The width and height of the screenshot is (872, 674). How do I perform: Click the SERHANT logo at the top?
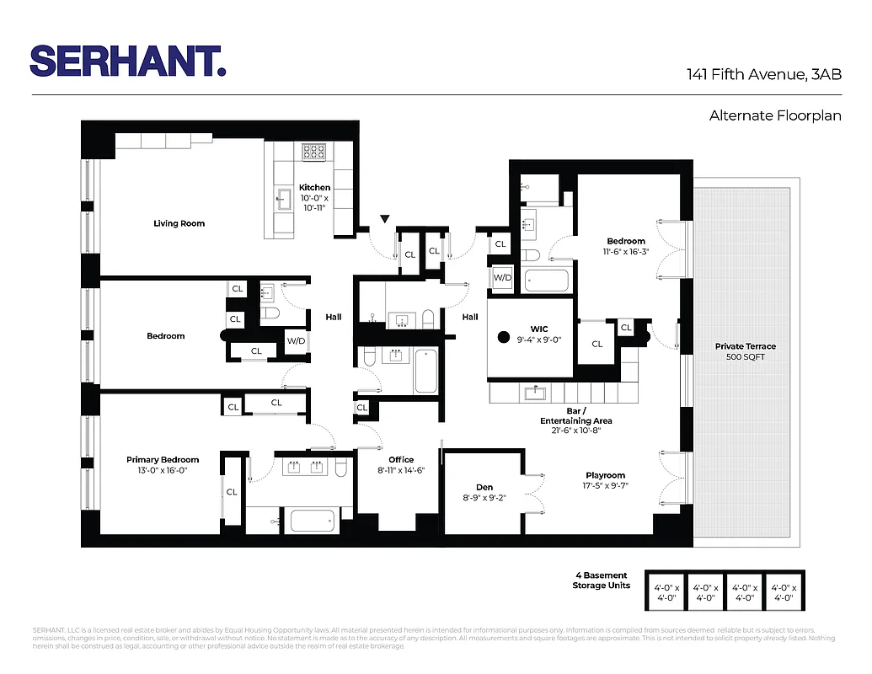tap(128, 61)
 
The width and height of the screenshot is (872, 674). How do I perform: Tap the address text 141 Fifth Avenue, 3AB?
tap(764, 75)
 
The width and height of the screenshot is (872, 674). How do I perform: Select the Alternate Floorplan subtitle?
tap(775, 115)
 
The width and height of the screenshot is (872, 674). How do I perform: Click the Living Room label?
tap(179, 223)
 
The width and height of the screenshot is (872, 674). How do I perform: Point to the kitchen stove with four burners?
tap(314, 152)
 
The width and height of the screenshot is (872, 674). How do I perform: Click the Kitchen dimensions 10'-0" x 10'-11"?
tap(315, 202)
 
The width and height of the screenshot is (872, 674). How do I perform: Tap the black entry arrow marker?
tap(385, 220)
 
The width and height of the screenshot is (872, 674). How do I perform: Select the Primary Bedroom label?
tap(163, 460)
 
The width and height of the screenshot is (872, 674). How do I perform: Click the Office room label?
tap(401, 460)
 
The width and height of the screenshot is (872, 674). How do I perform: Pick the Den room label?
tap(484, 487)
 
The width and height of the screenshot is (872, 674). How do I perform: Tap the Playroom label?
tap(605, 475)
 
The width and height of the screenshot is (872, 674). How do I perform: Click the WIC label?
tap(540, 328)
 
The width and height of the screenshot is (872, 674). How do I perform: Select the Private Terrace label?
tap(746, 346)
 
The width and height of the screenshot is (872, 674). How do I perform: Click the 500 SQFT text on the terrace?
tap(746, 357)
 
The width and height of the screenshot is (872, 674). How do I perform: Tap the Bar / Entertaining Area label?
tap(576, 415)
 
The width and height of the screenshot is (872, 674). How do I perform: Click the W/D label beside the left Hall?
tap(296, 340)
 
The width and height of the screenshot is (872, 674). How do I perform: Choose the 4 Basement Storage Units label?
tap(600, 580)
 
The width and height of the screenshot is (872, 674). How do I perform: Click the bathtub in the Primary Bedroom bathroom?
tap(313, 519)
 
